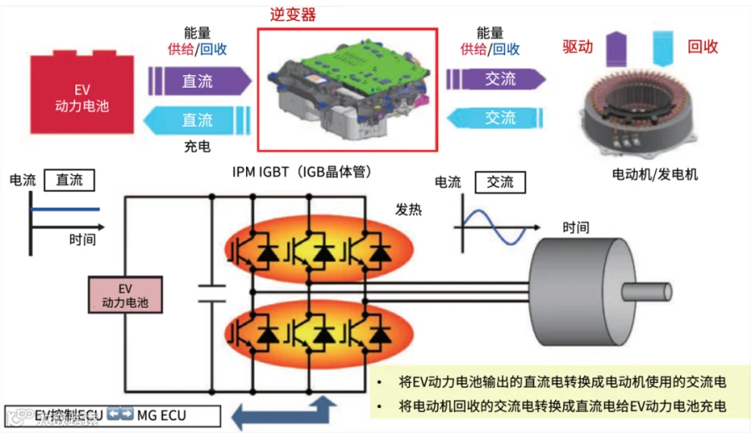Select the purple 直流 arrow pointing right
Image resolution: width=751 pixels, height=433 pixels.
click(199, 81)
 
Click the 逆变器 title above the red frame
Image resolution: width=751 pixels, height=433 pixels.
click(293, 15)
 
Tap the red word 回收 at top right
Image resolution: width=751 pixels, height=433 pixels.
click(703, 47)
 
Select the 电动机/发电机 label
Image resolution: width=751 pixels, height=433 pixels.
click(655, 175)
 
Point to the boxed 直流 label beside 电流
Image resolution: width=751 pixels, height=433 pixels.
click(70, 180)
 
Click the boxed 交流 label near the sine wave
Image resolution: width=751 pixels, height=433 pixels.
click(500, 182)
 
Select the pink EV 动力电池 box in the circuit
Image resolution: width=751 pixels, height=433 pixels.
click(125, 295)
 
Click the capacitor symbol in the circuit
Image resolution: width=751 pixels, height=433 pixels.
click(213, 293)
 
